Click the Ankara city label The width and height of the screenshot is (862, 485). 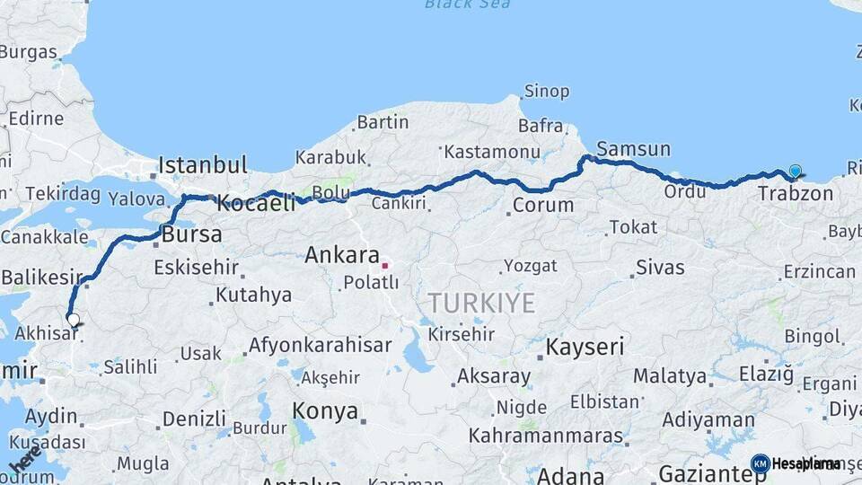(x=342, y=255)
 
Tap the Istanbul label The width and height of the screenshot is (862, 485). (x=202, y=165)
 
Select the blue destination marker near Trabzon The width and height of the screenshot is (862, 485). (x=795, y=172)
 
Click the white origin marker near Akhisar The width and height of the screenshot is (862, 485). (x=73, y=319)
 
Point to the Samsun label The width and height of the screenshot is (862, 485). (x=633, y=149)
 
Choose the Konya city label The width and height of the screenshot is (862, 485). (x=325, y=411)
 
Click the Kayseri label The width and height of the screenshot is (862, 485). (x=585, y=347)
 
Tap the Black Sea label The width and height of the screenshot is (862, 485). (x=467, y=4)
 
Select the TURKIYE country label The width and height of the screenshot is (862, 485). (x=481, y=303)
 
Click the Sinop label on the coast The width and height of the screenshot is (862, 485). (x=546, y=92)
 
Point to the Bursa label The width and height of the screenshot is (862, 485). (x=192, y=235)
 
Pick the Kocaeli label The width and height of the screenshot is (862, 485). (x=256, y=204)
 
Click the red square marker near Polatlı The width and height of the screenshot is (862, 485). (x=385, y=265)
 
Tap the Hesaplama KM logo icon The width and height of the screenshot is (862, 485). (x=760, y=463)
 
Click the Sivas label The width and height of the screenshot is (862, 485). (x=660, y=267)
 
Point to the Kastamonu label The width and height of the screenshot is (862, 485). (x=492, y=152)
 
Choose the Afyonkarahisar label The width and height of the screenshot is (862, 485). (x=320, y=345)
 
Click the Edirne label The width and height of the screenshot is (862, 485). (x=36, y=119)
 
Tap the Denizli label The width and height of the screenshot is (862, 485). (x=194, y=419)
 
